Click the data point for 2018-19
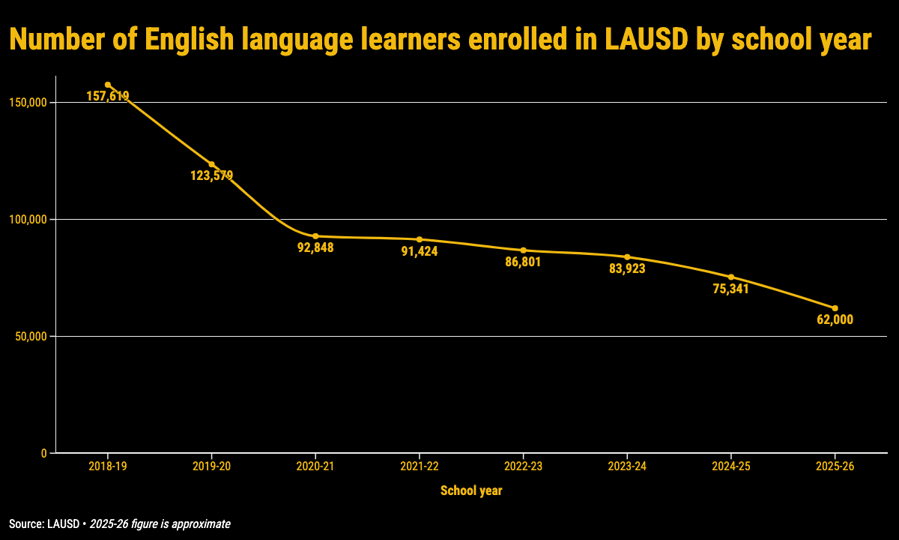108,85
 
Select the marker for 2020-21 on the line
315,236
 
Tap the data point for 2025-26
835,308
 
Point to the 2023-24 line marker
627,257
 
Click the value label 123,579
212,176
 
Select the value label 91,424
420,251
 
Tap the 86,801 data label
523,262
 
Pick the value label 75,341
731,289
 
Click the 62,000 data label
835,320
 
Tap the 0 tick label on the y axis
44,454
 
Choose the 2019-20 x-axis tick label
212,466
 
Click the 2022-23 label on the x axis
523,466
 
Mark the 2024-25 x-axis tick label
731,466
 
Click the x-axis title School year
471,491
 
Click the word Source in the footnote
24,524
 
